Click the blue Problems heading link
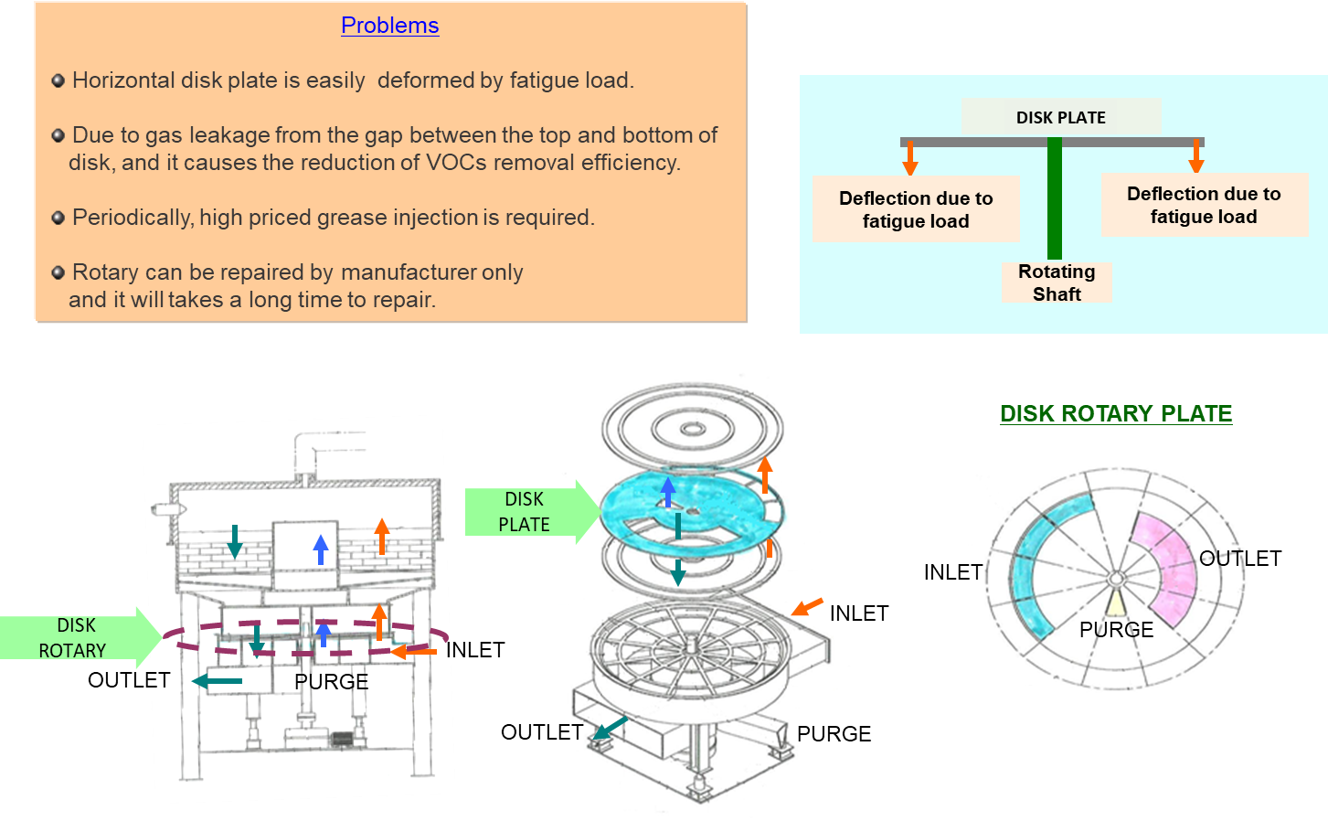[x=389, y=26]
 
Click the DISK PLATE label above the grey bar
[x=1060, y=117]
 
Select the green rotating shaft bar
[x=1054, y=198]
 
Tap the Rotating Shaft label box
[x=1057, y=283]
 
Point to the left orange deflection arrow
[x=910, y=158]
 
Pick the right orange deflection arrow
[x=1195, y=156]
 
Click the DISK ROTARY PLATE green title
[x=1116, y=413]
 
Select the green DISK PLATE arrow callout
[x=532, y=511]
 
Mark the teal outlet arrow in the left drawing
[x=217, y=681]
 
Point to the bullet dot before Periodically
[x=58, y=218]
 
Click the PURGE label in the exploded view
[x=834, y=734]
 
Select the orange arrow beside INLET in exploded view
[x=807, y=607]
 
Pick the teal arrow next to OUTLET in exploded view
[x=610, y=728]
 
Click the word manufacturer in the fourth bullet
[x=409, y=272]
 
